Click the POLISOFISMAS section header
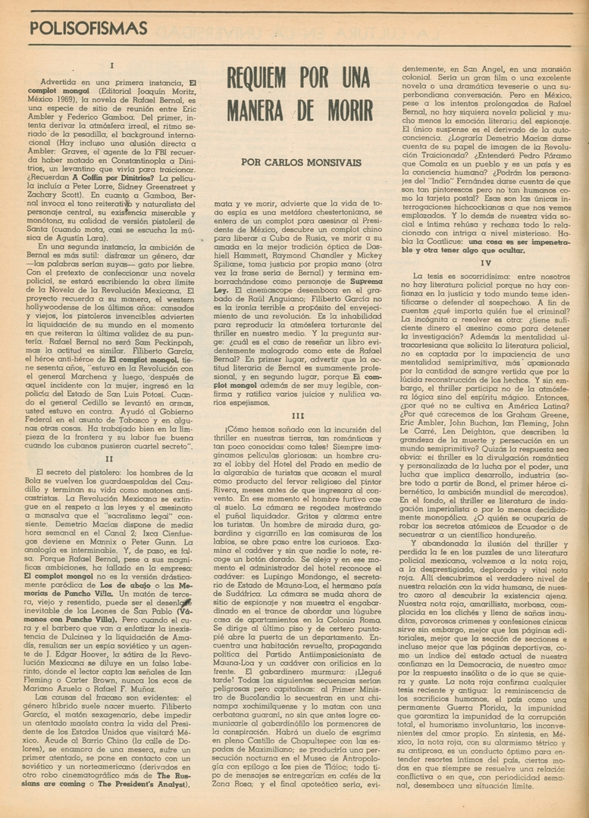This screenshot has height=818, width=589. click(89, 28)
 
